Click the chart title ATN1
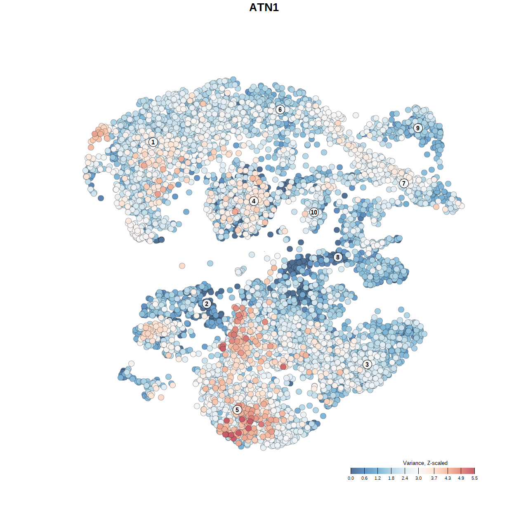point(264,7)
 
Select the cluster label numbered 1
point(153,142)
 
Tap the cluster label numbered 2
point(207,304)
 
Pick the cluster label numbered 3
point(367,364)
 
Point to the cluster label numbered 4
point(254,201)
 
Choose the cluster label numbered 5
point(237,410)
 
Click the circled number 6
point(280,109)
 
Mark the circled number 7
point(404,183)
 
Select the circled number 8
point(338,257)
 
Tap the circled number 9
point(418,128)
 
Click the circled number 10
point(314,212)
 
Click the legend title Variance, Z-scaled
point(425,463)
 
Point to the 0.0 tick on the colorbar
point(351,478)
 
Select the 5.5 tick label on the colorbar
point(474,478)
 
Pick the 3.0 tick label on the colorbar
point(418,478)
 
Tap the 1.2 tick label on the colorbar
point(377,478)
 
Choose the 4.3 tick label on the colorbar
point(448,478)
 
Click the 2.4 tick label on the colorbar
point(405,478)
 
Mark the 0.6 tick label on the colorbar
point(364,478)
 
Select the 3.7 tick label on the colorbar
point(434,478)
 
